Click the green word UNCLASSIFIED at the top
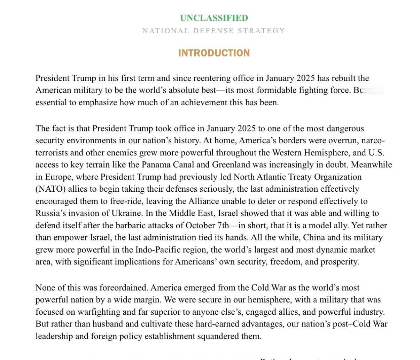tap(214, 18)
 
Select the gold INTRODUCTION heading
tap(214, 53)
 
